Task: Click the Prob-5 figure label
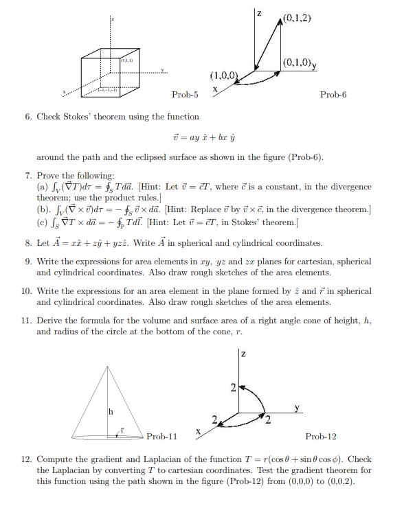coord(185,94)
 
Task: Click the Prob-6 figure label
coord(333,94)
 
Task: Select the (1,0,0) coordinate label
coord(225,74)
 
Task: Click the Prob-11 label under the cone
coord(162,436)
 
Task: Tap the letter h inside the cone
coord(108,412)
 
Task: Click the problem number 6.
coord(28,117)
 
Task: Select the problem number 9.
coord(28,262)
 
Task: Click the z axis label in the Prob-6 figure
coord(258,13)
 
